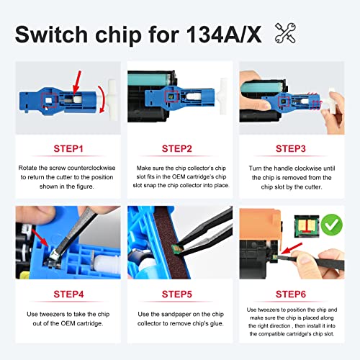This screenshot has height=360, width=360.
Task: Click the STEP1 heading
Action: click(x=68, y=149)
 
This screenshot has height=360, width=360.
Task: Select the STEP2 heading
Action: click(x=177, y=149)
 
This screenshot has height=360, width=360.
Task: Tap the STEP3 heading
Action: click(x=291, y=149)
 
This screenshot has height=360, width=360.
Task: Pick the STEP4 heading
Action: click(x=68, y=294)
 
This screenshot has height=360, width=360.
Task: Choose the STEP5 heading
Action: click(x=177, y=294)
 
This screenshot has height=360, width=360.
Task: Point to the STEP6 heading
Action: click(x=291, y=294)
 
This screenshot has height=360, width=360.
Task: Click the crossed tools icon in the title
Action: click(x=285, y=33)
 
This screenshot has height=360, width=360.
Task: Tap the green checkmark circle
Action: click(x=332, y=225)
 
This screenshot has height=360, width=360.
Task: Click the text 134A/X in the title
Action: click(x=224, y=35)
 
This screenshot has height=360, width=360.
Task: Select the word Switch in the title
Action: click(x=51, y=35)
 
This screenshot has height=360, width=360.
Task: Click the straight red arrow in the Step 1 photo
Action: click(x=77, y=82)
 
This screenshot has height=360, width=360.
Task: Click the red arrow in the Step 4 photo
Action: click(x=40, y=238)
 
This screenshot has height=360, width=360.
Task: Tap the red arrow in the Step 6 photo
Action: click(x=291, y=248)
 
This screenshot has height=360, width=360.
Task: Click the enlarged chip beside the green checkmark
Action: click(x=307, y=226)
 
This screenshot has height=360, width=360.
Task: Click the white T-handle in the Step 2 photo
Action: click(x=222, y=93)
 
